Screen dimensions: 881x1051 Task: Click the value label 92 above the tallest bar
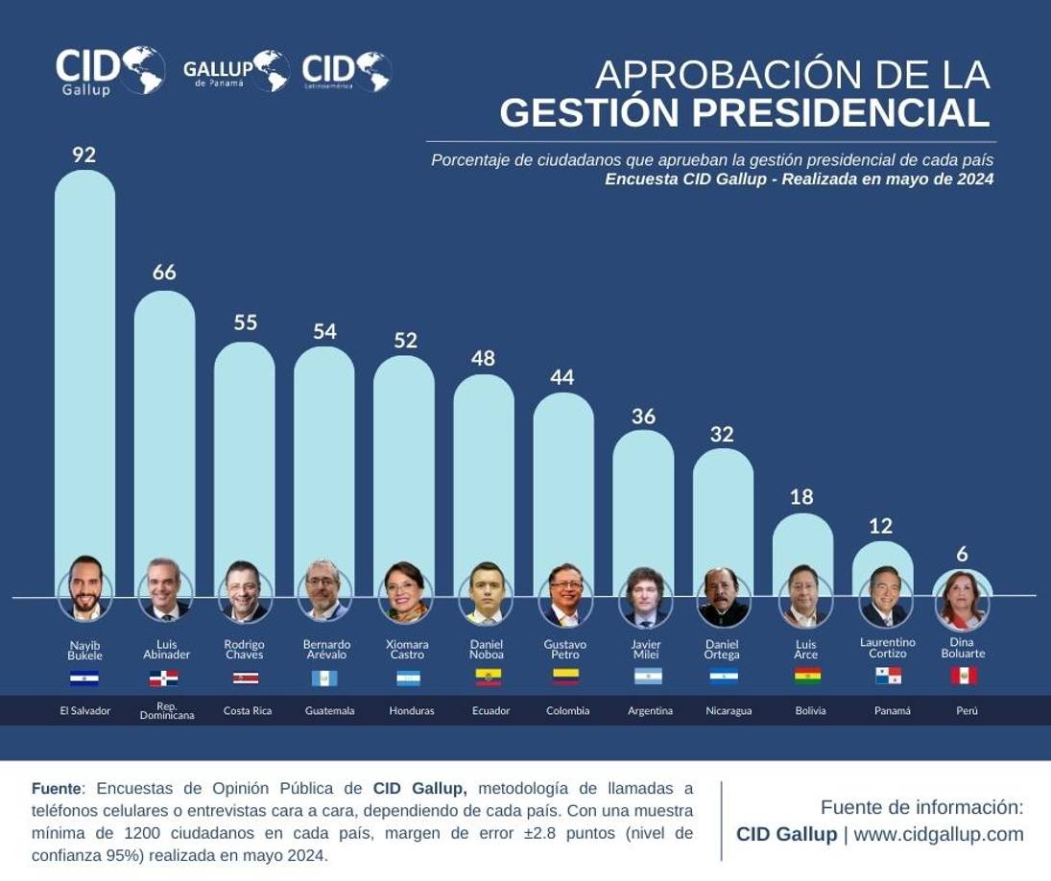click(x=84, y=155)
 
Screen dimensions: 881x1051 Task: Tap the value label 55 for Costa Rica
click(x=245, y=322)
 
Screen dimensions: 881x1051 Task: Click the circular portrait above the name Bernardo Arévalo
click(x=324, y=593)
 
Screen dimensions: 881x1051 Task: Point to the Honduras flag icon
click(x=408, y=678)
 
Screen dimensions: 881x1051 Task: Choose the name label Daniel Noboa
click(x=487, y=649)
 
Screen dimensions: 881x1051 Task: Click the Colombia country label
click(x=567, y=711)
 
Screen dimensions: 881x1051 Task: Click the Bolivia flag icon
click(x=806, y=677)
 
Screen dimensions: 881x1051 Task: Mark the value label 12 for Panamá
click(x=880, y=526)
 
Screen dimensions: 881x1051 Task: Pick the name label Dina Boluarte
click(x=963, y=648)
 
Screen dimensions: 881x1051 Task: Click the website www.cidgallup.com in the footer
click(x=938, y=834)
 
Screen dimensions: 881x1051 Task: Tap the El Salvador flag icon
click(x=84, y=678)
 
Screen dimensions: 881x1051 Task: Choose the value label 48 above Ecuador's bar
click(x=483, y=358)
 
